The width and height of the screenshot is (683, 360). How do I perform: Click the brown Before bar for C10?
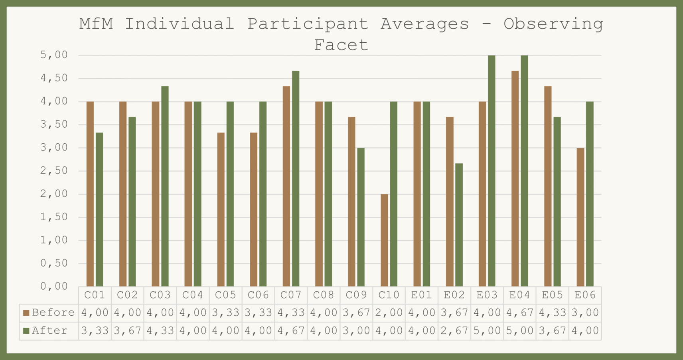point(384,240)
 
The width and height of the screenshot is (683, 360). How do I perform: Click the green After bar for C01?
point(99,210)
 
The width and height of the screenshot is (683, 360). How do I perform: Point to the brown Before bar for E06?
point(580,217)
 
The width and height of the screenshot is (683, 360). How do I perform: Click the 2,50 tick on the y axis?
point(54,171)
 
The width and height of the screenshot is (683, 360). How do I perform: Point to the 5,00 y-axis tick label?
point(54,55)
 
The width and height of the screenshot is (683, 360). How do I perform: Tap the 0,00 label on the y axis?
point(54,286)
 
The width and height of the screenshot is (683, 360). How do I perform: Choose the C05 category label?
point(226,295)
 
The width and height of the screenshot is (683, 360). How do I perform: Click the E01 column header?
point(422,295)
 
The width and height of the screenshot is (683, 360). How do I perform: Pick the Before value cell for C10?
point(389,313)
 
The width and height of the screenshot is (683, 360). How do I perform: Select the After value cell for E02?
point(454,331)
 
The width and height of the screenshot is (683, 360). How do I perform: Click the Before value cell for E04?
point(520,313)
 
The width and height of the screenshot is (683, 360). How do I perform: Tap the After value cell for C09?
point(356,331)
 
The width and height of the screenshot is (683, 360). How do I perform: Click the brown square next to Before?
point(26,313)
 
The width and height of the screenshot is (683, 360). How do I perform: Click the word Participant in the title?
point(308,24)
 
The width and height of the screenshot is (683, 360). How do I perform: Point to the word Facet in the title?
point(341,45)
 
